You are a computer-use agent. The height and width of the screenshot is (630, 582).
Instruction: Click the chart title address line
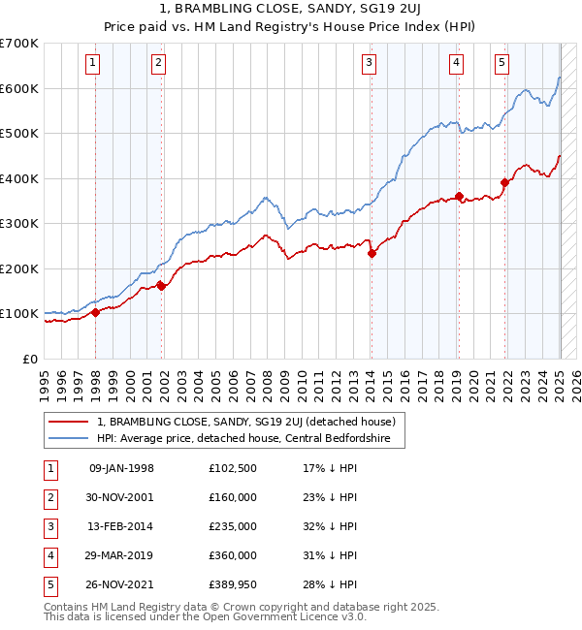pos(290,9)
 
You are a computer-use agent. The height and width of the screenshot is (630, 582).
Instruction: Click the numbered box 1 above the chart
pos(92,64)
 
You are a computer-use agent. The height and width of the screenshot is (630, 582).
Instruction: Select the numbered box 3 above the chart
pos(370,64)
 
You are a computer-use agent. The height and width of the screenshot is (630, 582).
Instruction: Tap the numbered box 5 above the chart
pos(501,64)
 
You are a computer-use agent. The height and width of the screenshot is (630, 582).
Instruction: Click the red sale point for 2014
pos(372,254)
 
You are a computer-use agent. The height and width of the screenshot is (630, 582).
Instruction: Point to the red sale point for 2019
pos(459,197)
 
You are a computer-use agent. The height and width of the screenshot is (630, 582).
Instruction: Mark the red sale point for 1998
pos(96,312)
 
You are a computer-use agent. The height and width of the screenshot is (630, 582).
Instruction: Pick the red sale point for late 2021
pos(504,182)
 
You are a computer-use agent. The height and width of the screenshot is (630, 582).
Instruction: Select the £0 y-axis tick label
pos(30,359)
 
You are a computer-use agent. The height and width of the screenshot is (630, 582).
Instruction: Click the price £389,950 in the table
pos(234,584)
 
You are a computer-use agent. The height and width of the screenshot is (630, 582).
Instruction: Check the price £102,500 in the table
pos(234,468)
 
